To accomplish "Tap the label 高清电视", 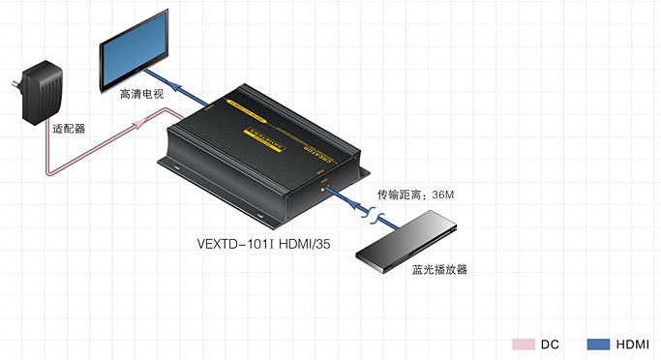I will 142,95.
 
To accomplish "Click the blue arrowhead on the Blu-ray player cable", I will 343,195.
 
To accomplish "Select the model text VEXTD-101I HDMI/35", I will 264,245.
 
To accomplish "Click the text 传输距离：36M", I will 415,195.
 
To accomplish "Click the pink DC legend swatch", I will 523,344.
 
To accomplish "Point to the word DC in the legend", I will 550,344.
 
